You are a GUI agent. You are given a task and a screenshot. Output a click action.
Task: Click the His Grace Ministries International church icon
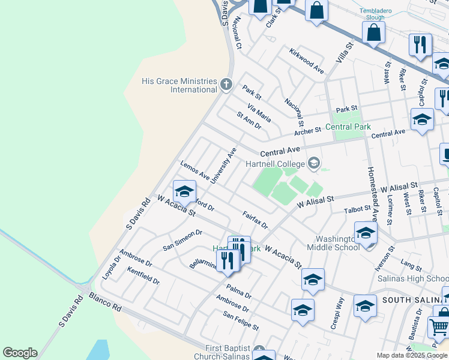(226, 84)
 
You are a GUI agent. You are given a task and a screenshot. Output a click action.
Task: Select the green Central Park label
(348, 127)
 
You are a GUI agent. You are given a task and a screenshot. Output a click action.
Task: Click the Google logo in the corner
(20, 353)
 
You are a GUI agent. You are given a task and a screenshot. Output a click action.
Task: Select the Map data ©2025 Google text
(411, 355)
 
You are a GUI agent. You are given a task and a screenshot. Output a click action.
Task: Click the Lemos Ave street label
(194, 170)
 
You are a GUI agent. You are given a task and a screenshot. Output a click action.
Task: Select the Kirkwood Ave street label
(306, 61)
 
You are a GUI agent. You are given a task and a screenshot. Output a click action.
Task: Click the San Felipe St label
(241, 320)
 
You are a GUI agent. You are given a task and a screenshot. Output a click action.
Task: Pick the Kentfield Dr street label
(143, 276)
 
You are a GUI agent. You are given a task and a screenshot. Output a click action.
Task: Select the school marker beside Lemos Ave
(184, 192)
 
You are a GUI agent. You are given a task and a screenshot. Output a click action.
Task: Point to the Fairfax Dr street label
(255, 220)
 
